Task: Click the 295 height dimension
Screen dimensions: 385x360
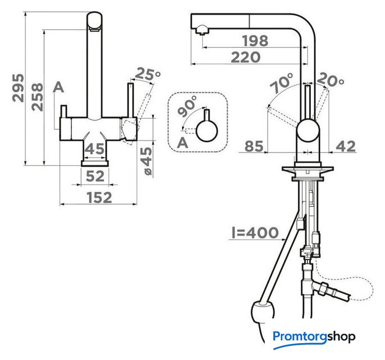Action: tap(19, 88)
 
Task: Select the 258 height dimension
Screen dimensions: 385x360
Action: tap(37, 97)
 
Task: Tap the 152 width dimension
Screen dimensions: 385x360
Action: tap(99, 197)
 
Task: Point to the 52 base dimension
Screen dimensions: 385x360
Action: tap(96, 176)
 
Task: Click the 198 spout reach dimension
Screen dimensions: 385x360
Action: tap(255, 41)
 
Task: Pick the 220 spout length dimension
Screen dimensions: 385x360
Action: tap(246, 57)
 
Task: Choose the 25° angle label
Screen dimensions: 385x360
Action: tap(148, 74)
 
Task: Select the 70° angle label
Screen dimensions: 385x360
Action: tap(282, 83)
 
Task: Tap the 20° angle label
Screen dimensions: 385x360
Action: tap(330, 80)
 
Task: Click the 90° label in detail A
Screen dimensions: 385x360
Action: tap(188, 106)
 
